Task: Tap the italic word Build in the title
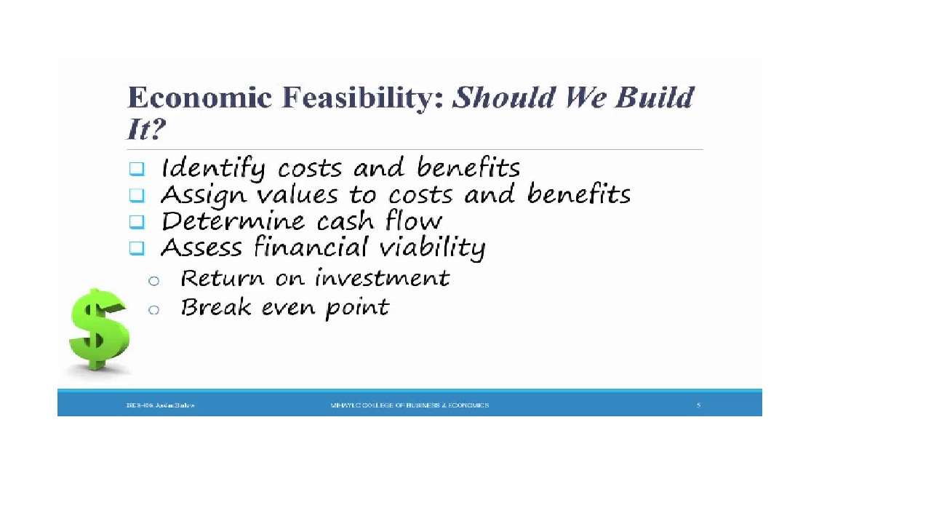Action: (x=654, y=98)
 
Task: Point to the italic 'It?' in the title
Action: (x=146, y=130)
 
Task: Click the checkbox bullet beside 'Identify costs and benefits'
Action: (x=137, y=169)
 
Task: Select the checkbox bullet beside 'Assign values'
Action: (x=137, y=195)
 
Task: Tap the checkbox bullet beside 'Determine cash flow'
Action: (x=137, y=221)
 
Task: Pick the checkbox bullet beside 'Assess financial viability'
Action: (x=137, y=248)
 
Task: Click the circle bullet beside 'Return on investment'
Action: (x=153, y=281)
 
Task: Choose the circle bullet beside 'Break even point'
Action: (x=153, y=310)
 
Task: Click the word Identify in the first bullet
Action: (x=212, y=169)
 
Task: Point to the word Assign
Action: (x=193, y=196)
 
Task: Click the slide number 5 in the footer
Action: (x=698, y=405)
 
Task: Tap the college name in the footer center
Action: (x=409, y=405)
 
